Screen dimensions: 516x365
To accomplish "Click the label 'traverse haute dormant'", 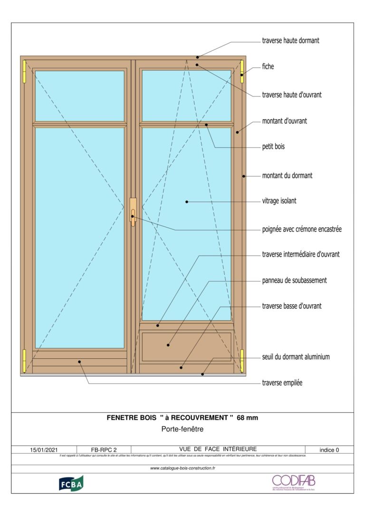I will click(x=290, y=41).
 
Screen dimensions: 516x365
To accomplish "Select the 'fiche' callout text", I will click(x=268, y=67).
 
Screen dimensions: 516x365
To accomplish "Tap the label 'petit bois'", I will click(x=273, y=147).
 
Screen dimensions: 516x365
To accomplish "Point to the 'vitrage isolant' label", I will click(x=279, y=201).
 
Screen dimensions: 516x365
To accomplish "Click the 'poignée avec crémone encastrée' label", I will click(x=302, y=229).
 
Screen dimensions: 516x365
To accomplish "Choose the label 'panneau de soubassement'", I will click(x=294, y=280).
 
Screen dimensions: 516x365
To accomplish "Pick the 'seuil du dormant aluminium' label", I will click(x=296, y=357).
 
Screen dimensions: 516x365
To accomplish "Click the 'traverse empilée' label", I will click(x=282, y=383).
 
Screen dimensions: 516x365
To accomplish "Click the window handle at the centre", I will click(x=133, y=211).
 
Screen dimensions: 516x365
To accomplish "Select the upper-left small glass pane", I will click(x=80, y=96).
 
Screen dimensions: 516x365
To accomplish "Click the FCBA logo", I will click(x=71, y=483).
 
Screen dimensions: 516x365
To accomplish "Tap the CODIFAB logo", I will click(x=293, y=482).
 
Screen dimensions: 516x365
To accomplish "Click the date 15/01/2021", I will click(x=44, y=449).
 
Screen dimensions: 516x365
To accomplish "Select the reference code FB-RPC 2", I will click(x=104, y=449).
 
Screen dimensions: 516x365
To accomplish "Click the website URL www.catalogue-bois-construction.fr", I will click(x=182, y=468).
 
